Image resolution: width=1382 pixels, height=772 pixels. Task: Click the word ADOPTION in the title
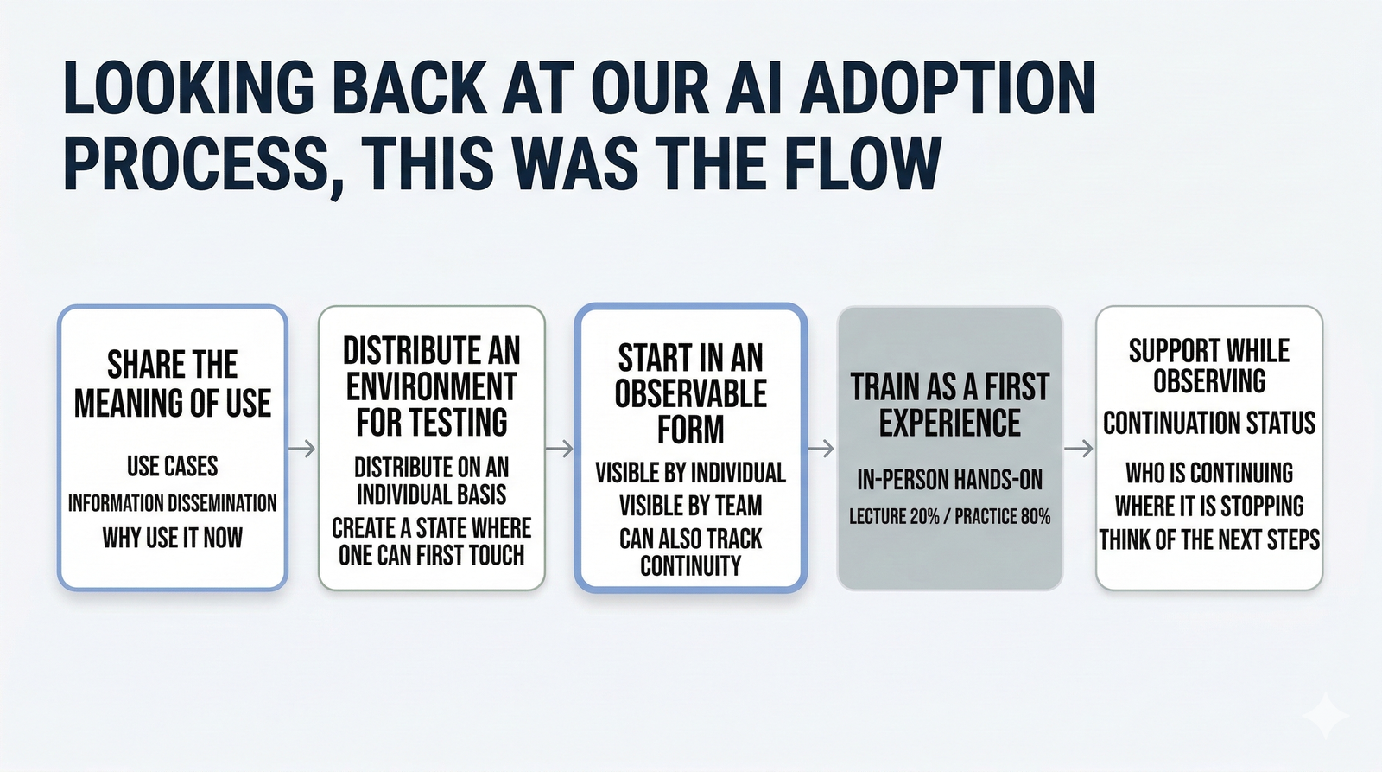[948, 88]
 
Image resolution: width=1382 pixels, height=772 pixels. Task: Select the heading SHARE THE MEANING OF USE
[173, 384]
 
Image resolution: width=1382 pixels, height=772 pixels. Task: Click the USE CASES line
[173, 466]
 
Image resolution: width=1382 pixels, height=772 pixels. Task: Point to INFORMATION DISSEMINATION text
[173, 503]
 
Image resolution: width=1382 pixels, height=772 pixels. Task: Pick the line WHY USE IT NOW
[173, 538]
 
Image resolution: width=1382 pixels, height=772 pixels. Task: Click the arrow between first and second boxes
[301, 449]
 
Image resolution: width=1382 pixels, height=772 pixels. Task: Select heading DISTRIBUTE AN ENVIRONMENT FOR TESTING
[432, 386]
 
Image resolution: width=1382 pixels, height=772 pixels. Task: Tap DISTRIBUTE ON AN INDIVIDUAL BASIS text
[432, 481]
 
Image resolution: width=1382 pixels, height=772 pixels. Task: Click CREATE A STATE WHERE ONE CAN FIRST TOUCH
[432, 541]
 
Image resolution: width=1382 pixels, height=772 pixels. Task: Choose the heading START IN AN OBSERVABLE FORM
[691, 393]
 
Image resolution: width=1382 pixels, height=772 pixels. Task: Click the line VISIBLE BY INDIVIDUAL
[691, 473]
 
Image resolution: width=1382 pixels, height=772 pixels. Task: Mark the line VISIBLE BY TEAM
[691, 506]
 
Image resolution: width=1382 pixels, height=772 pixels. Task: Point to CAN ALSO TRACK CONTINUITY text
[691, 552]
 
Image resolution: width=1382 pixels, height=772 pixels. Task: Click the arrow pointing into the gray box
[821, 449]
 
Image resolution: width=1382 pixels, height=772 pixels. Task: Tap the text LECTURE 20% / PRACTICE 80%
[950, 517]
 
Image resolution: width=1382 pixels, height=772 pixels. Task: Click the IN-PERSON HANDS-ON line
[950, 480]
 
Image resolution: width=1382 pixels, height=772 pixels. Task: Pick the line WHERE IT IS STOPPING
[1209, 506]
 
